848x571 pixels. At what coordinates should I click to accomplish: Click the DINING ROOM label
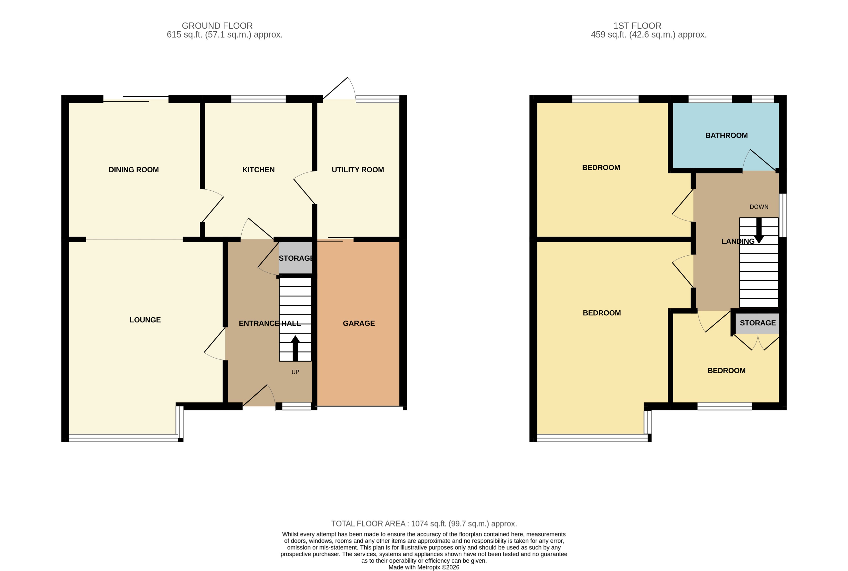(x=134, y=170)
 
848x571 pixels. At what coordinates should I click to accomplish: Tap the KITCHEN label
(x=258, y=170)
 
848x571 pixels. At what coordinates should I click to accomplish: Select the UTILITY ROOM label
(x=358, y=170)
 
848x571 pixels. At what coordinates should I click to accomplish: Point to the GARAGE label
(x=359, y=323)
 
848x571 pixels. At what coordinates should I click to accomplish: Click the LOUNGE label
(x=145, y=320)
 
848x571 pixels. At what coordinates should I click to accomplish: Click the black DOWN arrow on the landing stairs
(x=759, y=230)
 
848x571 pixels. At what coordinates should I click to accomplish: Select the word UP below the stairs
(x=295, y=372)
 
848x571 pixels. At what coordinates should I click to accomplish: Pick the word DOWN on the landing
(x=759, y=207)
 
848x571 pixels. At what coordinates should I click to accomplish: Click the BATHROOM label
(x=726, y=135)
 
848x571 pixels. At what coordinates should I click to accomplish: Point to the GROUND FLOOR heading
(x=217, y=26)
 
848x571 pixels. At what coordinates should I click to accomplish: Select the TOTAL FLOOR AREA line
(x=424, y=524)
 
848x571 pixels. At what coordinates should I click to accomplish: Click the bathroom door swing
(x=759, y=161)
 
